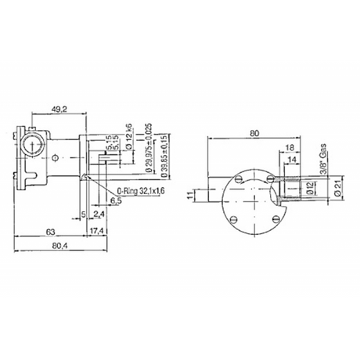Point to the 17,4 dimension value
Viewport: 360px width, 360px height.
tap(97, 232)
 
